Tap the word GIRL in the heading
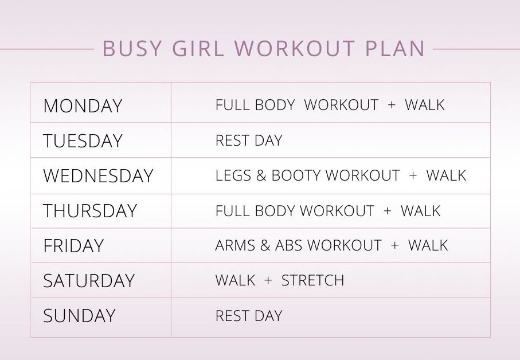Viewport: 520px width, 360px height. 201,49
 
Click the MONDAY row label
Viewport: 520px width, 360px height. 83,106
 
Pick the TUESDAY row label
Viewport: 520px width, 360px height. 83,141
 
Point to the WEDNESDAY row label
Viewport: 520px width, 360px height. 98,176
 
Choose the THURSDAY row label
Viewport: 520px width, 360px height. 90,211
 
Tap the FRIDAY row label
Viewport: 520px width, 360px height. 73,246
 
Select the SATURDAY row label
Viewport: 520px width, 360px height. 89,281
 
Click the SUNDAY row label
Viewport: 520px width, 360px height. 79,316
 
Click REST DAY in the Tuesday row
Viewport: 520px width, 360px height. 249,141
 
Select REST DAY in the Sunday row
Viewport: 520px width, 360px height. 249,316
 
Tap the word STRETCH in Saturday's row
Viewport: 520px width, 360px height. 313,281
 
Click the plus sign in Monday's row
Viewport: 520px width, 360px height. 392,105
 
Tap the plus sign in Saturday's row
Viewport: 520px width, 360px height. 268,281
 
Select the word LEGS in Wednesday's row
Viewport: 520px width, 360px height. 232,176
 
